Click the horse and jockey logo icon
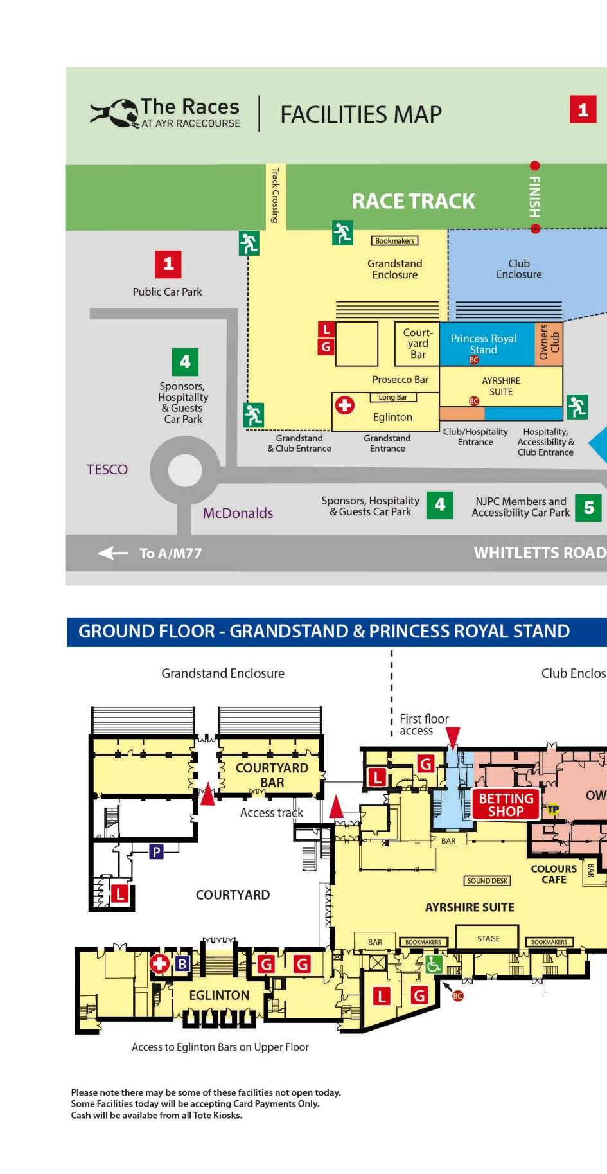pos(114,113)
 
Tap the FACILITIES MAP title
pos(361,114)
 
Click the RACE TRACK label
pos(413,201)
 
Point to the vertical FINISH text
pos(534,197)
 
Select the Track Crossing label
pos(276,195)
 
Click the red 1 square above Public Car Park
pos(168,263)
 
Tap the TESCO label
pos(107,469)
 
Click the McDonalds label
pos(238,513)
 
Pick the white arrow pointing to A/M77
pos(112,553)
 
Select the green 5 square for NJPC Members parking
pos(588,508)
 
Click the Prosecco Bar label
pos(400,379)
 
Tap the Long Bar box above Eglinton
pos(392,397)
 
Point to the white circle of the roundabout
pos(185,471)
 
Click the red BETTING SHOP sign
pos(506,805)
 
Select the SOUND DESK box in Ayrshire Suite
pos(488,880)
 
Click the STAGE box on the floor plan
pos(488,939)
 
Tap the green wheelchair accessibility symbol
pos(434,964)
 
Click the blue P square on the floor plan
pos(155,852)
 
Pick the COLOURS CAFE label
pos(553,874)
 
